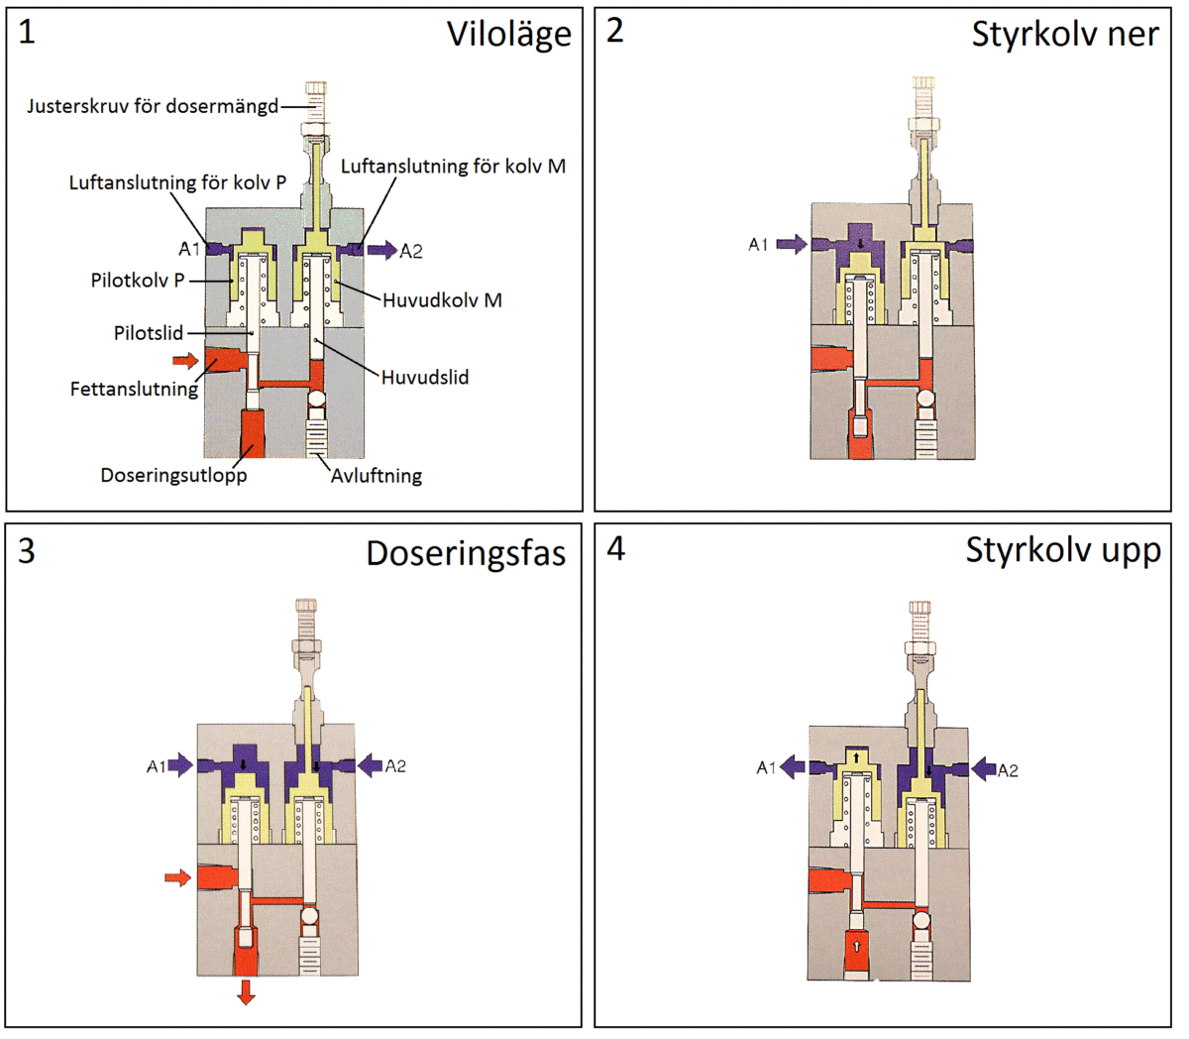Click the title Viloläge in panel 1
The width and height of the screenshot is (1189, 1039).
tap(508, 35)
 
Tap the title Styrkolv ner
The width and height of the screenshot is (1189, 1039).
tap(1064, 34)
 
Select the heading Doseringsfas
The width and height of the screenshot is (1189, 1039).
tap(466, 552)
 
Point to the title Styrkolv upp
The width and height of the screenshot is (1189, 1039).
tap(1063, 550)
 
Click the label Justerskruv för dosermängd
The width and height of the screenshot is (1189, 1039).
tap(153, 105)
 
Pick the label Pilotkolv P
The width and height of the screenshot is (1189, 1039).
tap(138, 281)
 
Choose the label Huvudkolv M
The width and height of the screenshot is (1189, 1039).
tap(442, 299)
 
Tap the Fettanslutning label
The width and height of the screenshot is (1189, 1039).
tap(134, 389)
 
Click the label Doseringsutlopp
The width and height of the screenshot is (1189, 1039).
tap(173, 475)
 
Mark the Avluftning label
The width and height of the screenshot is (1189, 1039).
tap(377, 476)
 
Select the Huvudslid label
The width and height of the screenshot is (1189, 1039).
tap(425, 377)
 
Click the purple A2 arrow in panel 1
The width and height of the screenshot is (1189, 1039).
tap(381, 250)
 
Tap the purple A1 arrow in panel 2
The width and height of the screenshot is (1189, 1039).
tap(791, 244)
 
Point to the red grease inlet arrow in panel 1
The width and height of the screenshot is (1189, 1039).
tap(185, 360)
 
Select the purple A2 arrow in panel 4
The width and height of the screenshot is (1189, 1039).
tap(981, 768)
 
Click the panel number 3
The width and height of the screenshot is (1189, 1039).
tap(27, 550)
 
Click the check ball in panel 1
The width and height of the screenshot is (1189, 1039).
tap(318, 400)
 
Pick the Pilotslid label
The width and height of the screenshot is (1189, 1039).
tap(149, 333)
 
